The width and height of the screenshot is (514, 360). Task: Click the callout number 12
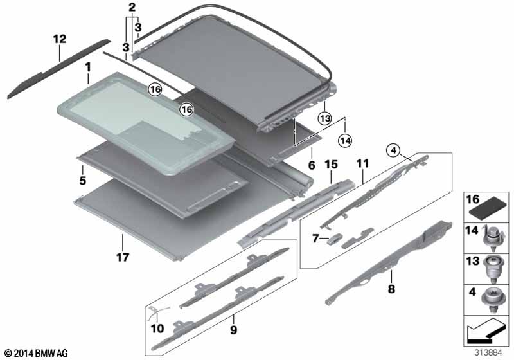coord(60,40)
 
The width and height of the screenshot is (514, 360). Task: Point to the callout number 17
coord(122,258)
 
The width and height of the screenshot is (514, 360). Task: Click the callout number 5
coord(83,181)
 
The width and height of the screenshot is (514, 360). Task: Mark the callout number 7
coord(315,239)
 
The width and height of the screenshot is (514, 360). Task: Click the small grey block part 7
coord(333,240)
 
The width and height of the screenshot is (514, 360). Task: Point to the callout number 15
coord(330,165)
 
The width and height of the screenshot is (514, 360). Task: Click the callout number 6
coord(311,165)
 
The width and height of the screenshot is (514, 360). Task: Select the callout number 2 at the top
coord(132,8)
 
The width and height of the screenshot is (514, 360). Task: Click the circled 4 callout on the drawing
coord(391,151)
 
